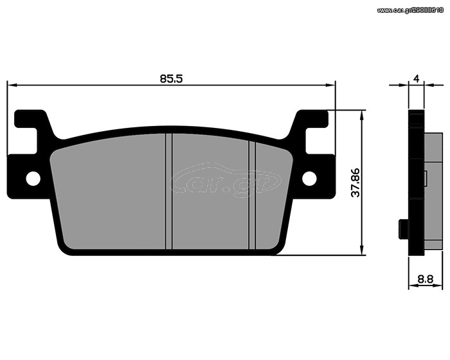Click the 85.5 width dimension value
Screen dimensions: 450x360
pyautogui.click(x=171, y=78)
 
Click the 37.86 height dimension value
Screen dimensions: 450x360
pyautogui.click(x=355, y=183)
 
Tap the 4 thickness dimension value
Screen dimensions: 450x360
pyautogui.click(x=417, y=78)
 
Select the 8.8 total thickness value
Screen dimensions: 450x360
pyautogui.click(x=426, y=279)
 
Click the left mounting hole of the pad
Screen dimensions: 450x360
pyautogui.click(x=33, y=179)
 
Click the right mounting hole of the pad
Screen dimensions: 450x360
pyautogui.click(x=309, y=179)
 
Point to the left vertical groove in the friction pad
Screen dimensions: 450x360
pyautogui.click(x=169, y=191)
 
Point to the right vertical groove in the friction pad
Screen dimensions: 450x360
pyautogui.click(x=252, y=195)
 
